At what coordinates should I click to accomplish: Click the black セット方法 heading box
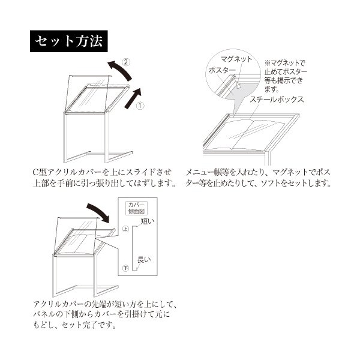tap(68, 41)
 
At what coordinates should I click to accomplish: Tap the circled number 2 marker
tap(126, 62)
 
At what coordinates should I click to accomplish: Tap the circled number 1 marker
tap(140, 106)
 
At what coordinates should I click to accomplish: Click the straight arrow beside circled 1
tap(133, 98)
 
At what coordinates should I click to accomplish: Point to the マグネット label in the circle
tap(236, 59)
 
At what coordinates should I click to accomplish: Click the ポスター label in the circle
tap(222, 70)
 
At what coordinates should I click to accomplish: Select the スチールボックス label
tap(277, 100)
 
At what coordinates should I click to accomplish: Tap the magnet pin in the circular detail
tap(238, 85)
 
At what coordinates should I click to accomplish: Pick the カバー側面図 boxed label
tap(136, 208)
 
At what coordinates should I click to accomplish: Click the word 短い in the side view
tap(148, 221)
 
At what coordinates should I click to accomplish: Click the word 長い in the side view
tap(144, 260)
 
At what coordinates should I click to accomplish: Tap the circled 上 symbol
tap(125, 229)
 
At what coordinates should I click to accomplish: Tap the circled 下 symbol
tap(125, 268)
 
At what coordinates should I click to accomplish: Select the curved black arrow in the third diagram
tap(99, 212)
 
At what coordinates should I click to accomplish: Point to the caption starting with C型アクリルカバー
tap(104, 178)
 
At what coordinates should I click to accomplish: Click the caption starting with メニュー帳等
tap(258, 178)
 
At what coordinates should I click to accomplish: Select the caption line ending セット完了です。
tap(74, 325)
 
